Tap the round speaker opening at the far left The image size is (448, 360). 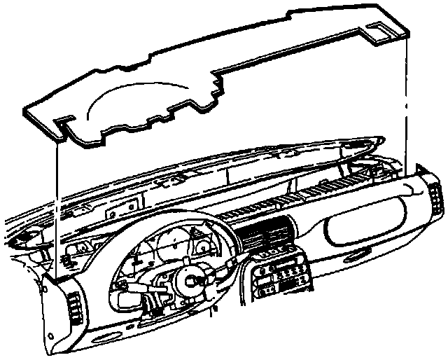(21, 238)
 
